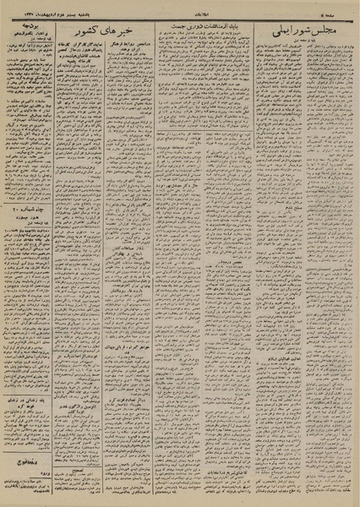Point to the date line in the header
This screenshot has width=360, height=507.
click(x=80, y=14)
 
